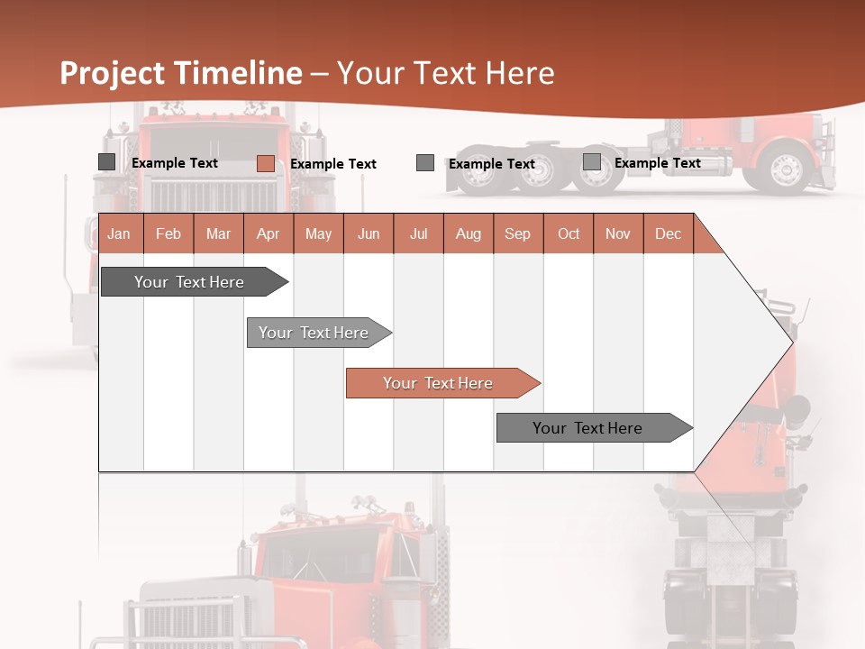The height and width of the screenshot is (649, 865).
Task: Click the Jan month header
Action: click(x=119, y=234)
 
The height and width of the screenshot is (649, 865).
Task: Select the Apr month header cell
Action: click(x=268, y=234)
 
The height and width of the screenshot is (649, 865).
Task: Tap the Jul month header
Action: click(x=418, y=234)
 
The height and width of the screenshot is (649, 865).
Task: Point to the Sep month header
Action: click(x=517, y=234)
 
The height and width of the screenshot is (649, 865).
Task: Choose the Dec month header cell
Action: click(x=668, y=234)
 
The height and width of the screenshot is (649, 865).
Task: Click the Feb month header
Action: click(x=168, y=234)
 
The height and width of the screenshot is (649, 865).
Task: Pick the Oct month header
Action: click(x=569, y=234)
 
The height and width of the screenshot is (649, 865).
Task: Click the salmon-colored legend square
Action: click(x=265, y=163)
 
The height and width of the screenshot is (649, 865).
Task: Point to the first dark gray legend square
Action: click(x=106, y=162)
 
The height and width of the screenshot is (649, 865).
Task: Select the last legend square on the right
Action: click(x=591, y=162)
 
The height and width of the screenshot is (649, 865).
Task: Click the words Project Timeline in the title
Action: click(x=180, y=73)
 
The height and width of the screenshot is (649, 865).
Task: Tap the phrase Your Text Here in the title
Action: click(x=445, y=73)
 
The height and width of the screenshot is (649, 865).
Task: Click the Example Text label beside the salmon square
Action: click(x=333, y=164)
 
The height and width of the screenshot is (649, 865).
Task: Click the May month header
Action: click(x=318, y=234)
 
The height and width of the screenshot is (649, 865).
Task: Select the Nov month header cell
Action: click(x=618, y=234)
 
